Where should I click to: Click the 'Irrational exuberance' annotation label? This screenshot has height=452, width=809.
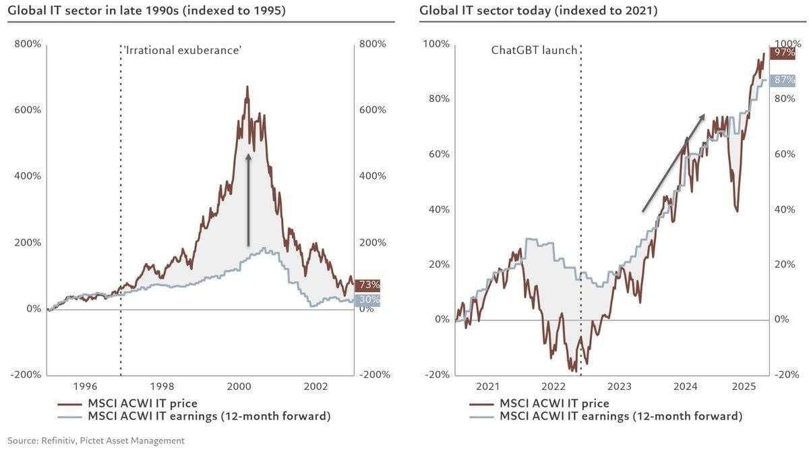[182, 50]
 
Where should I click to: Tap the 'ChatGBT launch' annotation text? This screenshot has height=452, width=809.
[534, 50]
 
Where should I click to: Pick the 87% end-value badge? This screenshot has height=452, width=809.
[783, 80]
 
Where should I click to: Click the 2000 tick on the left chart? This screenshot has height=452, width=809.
[239, 387]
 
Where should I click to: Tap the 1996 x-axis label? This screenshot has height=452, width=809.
[85, 387]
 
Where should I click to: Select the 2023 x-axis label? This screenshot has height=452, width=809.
[620, 387]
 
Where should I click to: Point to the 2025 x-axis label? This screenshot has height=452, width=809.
[745, 387]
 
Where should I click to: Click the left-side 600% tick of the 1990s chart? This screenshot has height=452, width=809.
[28, 109]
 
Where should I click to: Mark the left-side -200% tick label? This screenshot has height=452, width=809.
[25, 374]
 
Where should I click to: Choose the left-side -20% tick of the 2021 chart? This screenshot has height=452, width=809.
[437, 374]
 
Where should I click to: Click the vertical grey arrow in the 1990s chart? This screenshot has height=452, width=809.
[248, 200]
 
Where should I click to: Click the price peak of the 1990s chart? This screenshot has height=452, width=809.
[247, 87]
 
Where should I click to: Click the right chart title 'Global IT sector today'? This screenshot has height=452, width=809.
[538, 10]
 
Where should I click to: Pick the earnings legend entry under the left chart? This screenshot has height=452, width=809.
[209, 416]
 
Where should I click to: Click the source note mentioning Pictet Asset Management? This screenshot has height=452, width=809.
[96, 441]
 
